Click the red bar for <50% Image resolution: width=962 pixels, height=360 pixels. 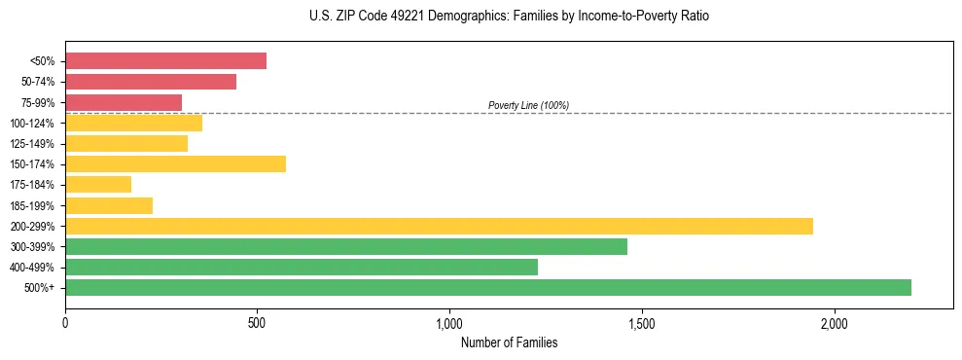pyautogui.click(x=165, y=61)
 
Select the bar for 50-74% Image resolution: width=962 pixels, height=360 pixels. pyautogui.click(x=151, y=82)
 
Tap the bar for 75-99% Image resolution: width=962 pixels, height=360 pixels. pyautogui.click(x=124, y=102)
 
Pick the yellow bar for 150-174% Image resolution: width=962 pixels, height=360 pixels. pyautogui.click(x=175, y=163)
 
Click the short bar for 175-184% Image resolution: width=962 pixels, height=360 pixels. pyautogui.click(x=98, y=184)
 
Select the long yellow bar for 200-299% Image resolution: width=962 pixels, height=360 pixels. pyautogui.click(x=439, y=226)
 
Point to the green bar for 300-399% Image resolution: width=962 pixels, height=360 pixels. pyautogui.click(x=346, y=246)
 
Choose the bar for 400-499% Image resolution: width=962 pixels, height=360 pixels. pyautogui.click(x=302, y=267)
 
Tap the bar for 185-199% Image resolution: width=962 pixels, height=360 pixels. pyautogui.click(x=109, y=205)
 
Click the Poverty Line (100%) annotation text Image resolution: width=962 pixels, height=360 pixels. pyautogui.click(x=528, y=105)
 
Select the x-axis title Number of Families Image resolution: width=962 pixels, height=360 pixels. pyautogui.click(x=509, y=342)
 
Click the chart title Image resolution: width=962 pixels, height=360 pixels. pyautogui.click(x=509, y=17)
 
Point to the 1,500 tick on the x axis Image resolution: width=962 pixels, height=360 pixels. pyautogui.click(x=642, y=322)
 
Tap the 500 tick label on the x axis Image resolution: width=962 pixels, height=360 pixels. pyautogui.click(x=257, y=322)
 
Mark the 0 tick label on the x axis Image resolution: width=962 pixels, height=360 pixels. pyautogui.click(x=65, y=322)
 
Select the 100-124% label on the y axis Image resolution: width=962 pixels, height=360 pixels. pyautogui.click(x=32, y=124)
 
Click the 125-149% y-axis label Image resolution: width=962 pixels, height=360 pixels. pyautogui.click(x=32, y=144)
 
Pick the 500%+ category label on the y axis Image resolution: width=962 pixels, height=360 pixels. pyautogui.click(x=40, y=288)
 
